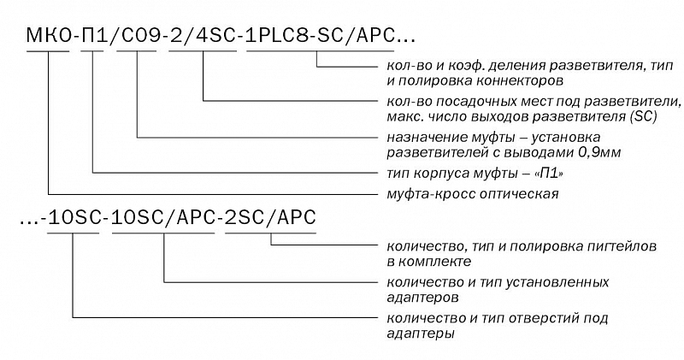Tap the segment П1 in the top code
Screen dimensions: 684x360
coord(93,35)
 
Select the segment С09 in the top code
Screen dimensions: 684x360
coord(138,35)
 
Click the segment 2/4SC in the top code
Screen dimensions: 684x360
coord(203,35)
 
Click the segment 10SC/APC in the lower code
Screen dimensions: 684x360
coord(163,217)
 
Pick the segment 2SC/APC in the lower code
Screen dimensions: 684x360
coord(270,217)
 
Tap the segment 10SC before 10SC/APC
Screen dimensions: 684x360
coord(73,217)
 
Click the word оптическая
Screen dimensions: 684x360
coord(519,194)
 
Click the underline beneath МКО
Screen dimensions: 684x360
coord(48,51)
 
